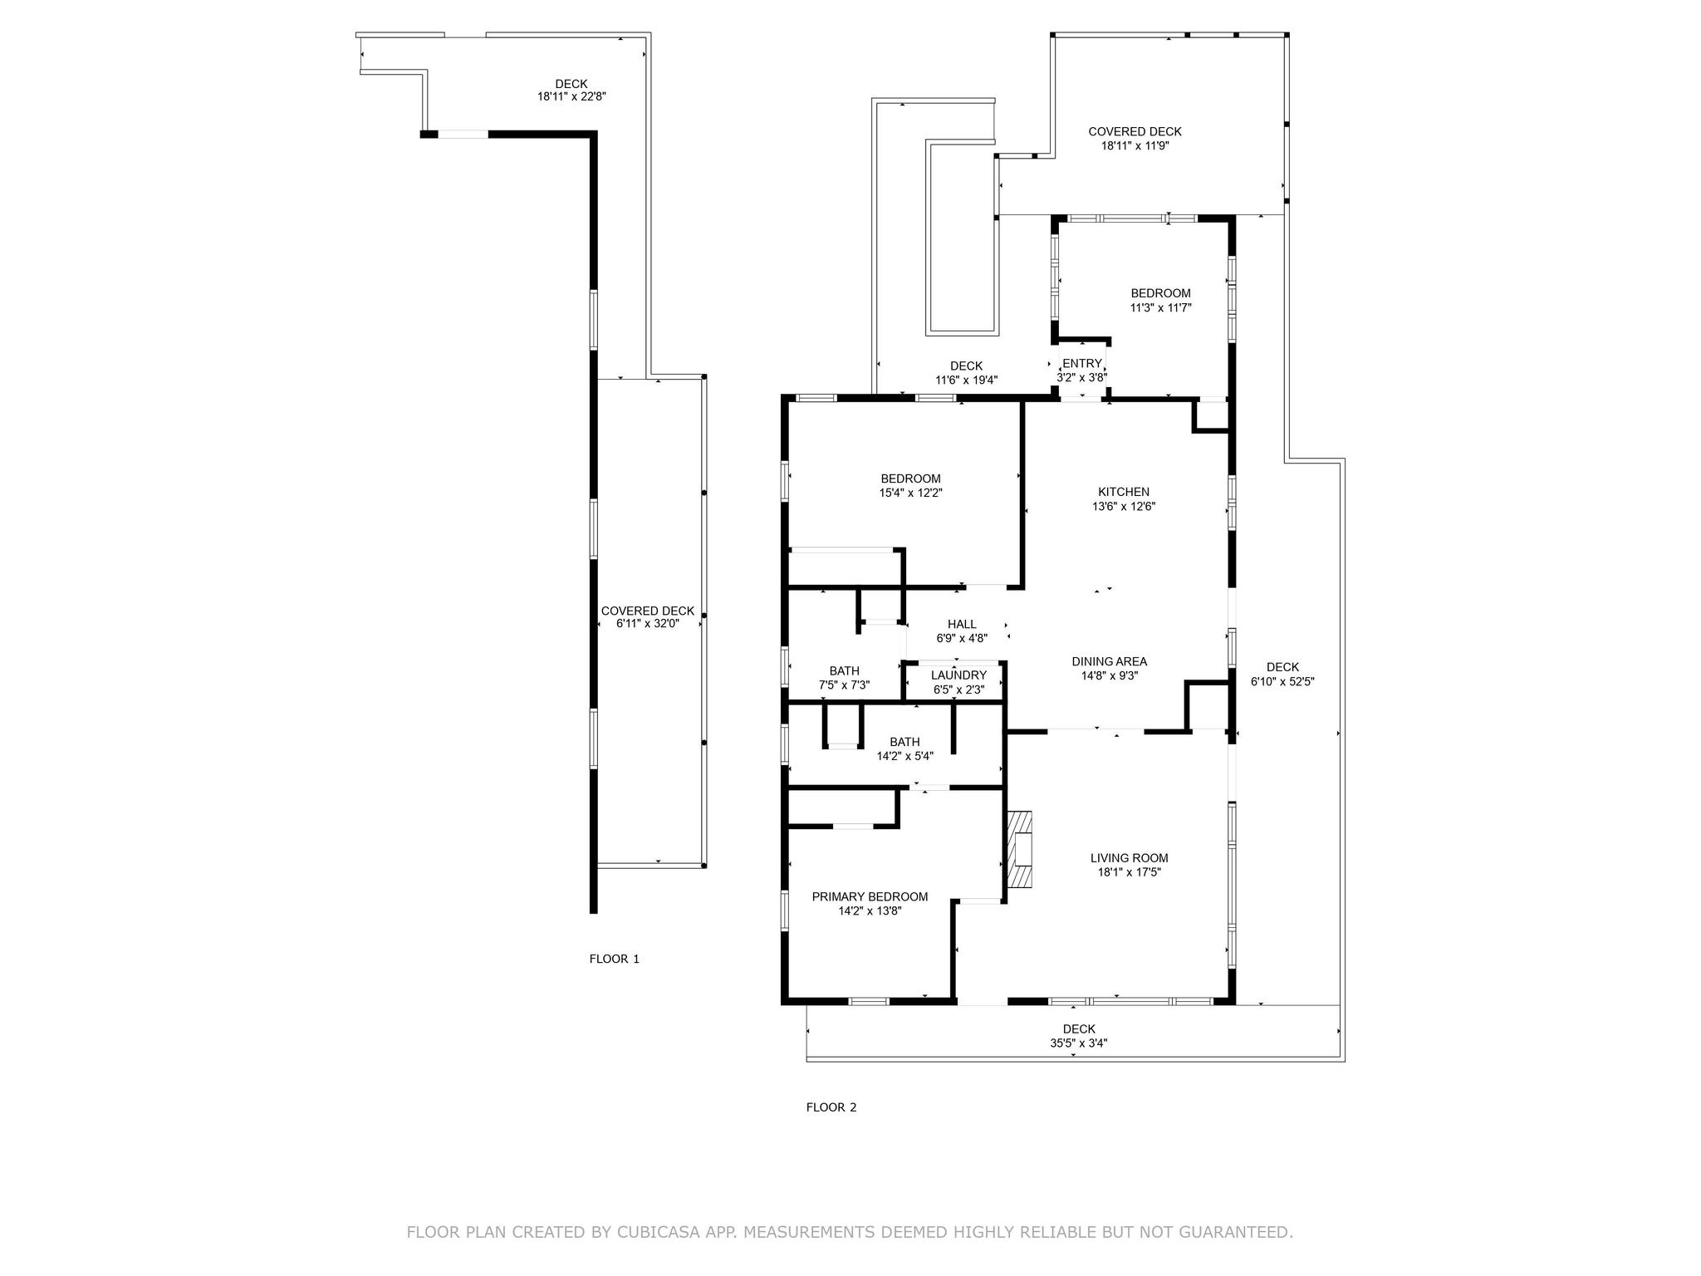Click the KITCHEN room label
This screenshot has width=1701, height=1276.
click(1123, 492)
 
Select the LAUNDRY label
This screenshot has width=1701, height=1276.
click(958, 675)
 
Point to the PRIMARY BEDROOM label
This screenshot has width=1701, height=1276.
click(870, 896)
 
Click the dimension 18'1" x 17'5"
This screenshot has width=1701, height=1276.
click(1129, 872)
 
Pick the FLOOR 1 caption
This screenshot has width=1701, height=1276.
click(614, 959)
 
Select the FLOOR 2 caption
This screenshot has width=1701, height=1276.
click(831, 1107)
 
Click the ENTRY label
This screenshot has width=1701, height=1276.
click(1081, 363)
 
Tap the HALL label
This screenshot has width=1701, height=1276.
click(962, 624)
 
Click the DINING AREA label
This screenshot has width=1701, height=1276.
click(1109, 661)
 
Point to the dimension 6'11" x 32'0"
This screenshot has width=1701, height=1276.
click(647, 623)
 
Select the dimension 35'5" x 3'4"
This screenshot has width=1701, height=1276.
click(1078, 1043)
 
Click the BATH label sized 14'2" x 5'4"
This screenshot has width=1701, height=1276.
click(904, 742)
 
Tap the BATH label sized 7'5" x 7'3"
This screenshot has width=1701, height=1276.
click(844, 671)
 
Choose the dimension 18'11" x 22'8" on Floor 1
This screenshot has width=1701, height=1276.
click(571, 96)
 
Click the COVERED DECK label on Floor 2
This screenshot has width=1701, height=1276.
click(1135, 131)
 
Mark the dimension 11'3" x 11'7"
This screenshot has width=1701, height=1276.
click(1160, 307)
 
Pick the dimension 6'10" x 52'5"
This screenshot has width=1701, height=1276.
click(1282, 681)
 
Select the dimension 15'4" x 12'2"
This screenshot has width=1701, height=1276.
click(910, 493)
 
